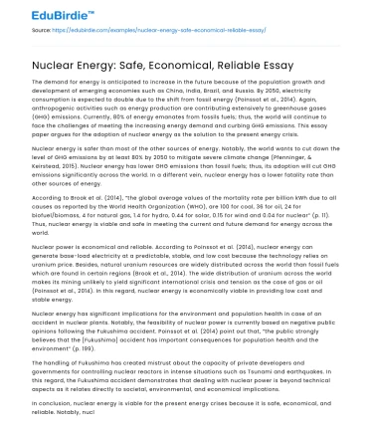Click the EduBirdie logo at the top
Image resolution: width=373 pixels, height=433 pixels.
[x=39, y=14]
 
